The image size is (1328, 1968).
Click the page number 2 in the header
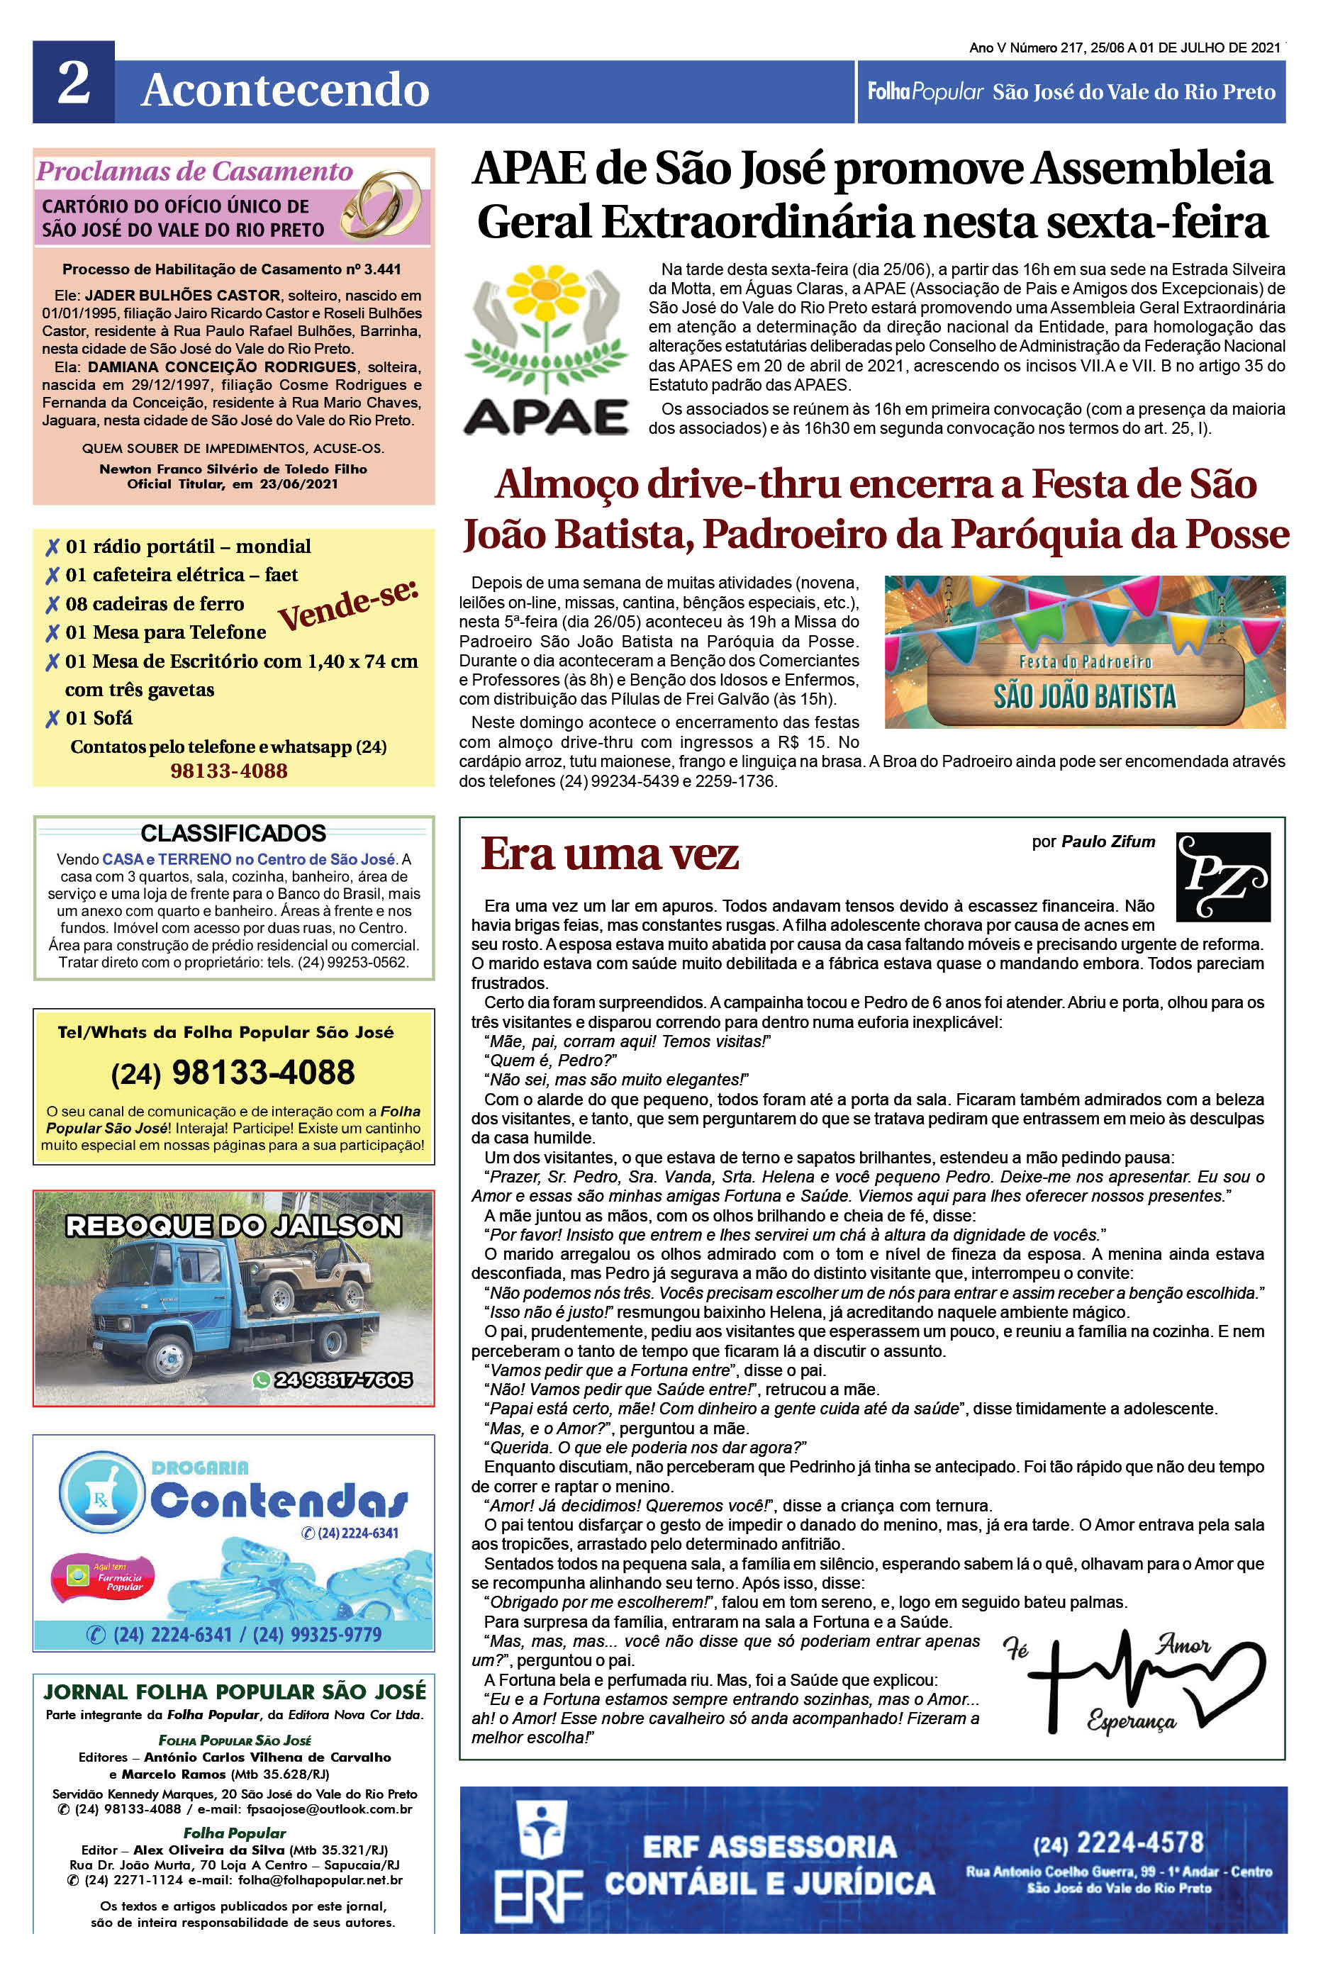tap(74, 83)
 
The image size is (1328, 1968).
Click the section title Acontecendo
tap(286, 90)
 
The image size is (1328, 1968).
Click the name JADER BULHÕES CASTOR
tap(182, 296)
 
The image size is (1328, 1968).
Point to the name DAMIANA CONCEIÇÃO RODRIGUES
tap(222, 367)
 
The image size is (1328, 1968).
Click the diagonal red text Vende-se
tap(348, 605)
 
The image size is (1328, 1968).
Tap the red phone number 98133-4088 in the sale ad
tap(229, 771)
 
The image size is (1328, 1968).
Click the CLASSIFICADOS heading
tap(233, 833)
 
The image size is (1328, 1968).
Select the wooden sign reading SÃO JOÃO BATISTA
tap(1084, 684)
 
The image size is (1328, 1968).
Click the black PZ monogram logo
tap(1222, 876)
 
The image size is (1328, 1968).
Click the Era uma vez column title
tap(610, 854)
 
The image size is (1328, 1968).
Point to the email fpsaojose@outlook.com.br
tap(330, 1810)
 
